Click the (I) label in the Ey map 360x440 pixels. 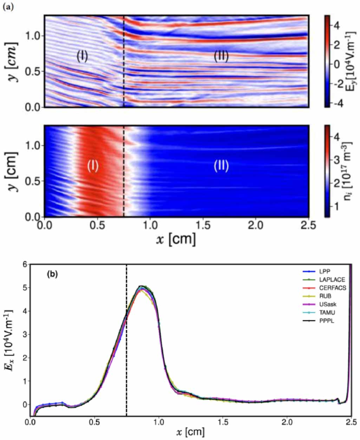[82, 56]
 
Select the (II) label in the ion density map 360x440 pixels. [221, 166]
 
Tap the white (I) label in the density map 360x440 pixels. [93, 166]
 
